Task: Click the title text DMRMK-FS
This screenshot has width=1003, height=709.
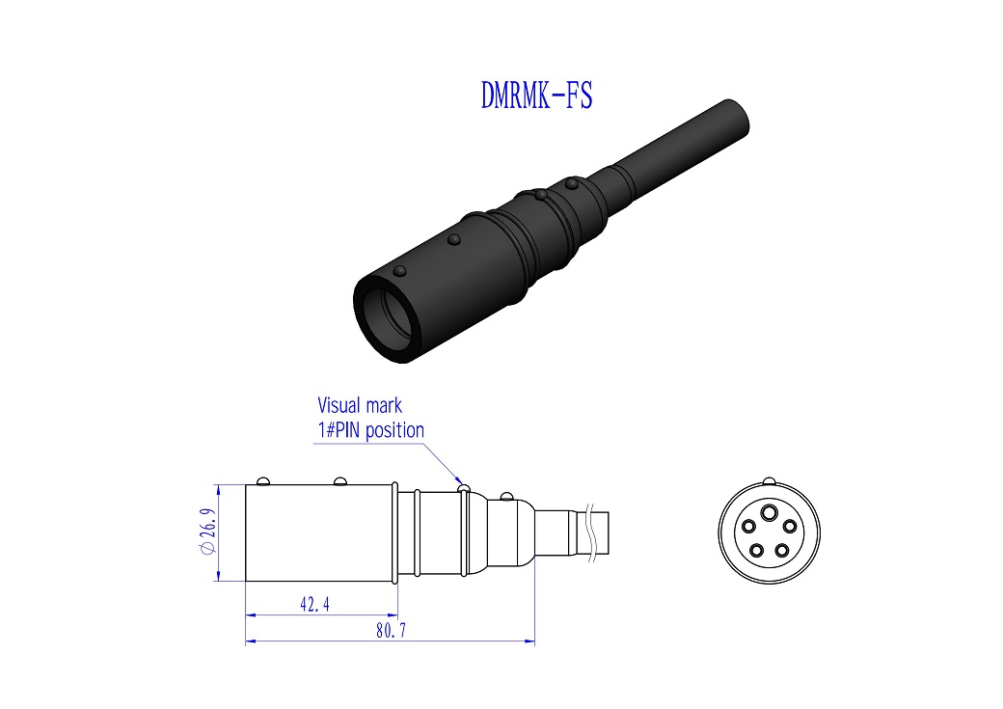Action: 536,95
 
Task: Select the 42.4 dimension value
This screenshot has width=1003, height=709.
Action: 315,604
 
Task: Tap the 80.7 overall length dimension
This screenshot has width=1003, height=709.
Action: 389,631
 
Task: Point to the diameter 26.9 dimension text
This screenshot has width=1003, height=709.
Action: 205,532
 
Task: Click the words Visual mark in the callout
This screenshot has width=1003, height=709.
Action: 360,406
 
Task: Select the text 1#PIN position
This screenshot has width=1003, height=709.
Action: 370,430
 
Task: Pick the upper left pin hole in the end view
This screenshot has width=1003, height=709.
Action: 748,527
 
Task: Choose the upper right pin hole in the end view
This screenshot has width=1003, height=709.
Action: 789,527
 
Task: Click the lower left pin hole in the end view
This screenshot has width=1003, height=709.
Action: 756,551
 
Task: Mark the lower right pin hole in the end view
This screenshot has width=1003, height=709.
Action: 781,551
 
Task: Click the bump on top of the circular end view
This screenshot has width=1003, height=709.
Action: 769,481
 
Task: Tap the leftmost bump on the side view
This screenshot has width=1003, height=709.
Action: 261,480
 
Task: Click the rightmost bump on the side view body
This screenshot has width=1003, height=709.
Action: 504,497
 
